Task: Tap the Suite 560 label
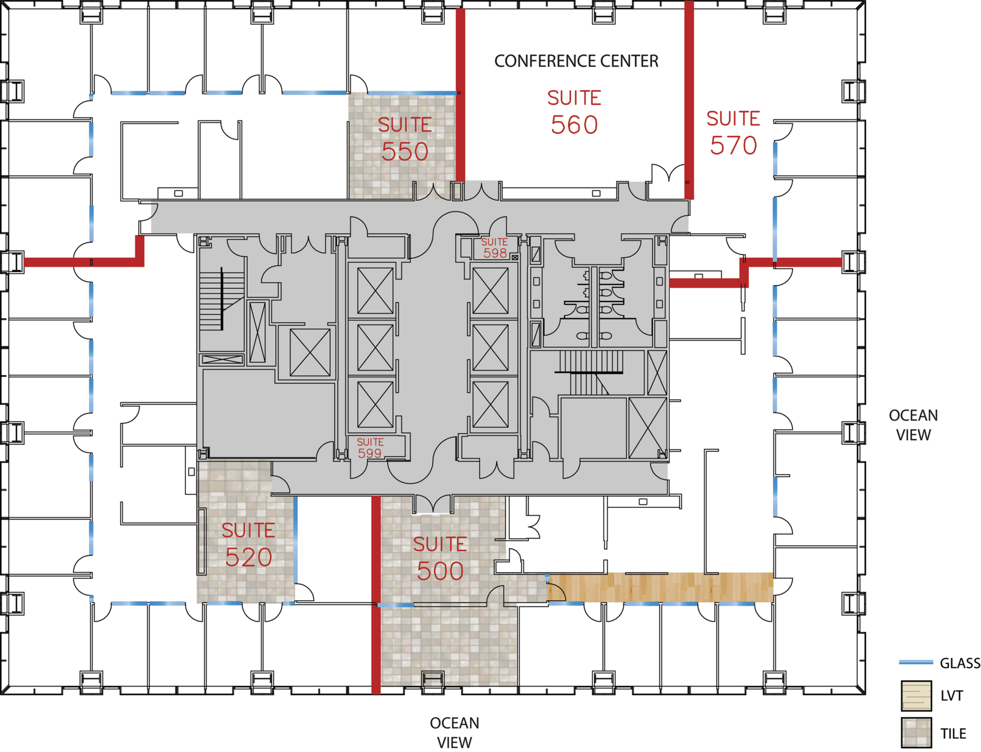click(574, 112)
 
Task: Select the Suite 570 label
click(734, 133)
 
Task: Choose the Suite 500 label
click(440, 559)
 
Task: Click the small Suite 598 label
click(495, 248)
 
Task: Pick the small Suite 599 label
click(370, 448)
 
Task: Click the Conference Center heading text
click(576, 61)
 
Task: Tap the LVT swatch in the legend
click(916, 695)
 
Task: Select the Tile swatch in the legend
click(916, 733)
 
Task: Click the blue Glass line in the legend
click(916, 662)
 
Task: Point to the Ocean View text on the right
click(913, 425)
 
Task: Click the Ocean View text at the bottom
click(455, 732)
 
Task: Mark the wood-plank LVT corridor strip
click(661, 587)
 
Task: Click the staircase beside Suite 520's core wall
click(222, 299)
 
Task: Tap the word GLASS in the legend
click(960, 663)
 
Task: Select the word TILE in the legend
click(953, 733)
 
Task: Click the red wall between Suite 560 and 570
click(689, 100)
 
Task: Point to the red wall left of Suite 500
click(376, 595)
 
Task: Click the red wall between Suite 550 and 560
click(460, 95)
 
